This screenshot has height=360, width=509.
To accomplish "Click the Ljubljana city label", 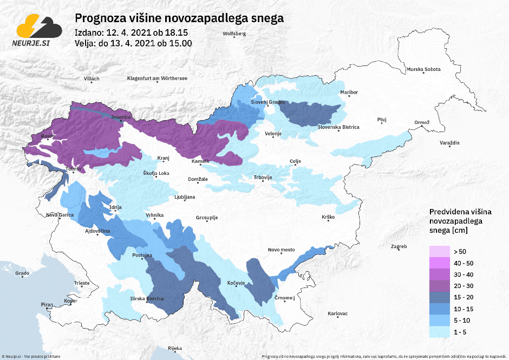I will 185,197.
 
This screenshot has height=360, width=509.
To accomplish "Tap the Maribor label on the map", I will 349,93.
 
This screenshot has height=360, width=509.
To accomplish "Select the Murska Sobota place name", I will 423,70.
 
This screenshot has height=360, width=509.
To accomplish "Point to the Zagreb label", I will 399,247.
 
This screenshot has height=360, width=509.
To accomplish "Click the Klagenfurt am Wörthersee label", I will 157,78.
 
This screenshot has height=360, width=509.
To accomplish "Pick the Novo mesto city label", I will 281,250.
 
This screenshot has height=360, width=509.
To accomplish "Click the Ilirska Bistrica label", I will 148,298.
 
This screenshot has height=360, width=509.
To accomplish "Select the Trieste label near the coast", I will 82,283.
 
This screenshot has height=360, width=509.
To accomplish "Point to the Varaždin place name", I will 449,143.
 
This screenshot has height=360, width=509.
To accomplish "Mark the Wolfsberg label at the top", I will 234,34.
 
